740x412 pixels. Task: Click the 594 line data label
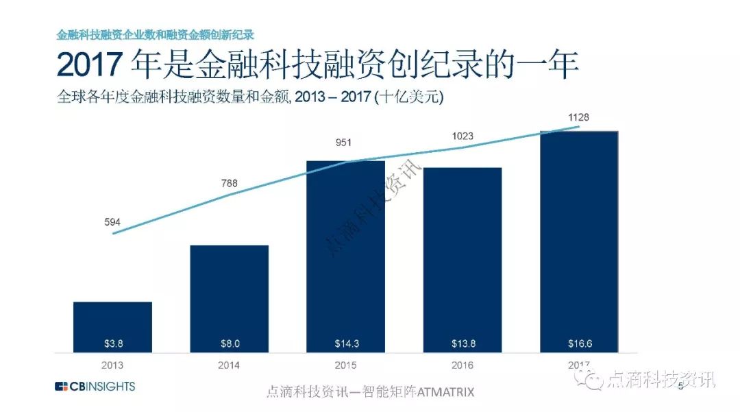(x=112, y=221)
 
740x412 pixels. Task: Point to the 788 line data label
(x=229, y=182)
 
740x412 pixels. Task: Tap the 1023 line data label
(x=462, y=136)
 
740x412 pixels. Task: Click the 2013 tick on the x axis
(x=112, y=365)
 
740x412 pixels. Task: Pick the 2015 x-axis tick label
(x=345, y=365)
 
